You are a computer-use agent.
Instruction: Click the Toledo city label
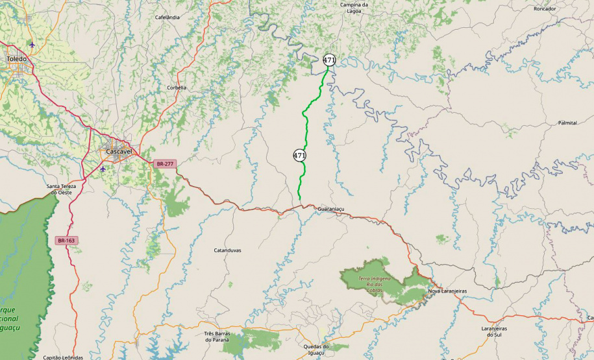pyautogui.click(x=17, y=58)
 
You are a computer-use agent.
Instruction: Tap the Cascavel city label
pyautogui.click(x=119, y=151)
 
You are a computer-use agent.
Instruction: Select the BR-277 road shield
pyautogui.click(x=165, y=164)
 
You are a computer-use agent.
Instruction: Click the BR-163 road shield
pyautogui.click(x=66, y=241)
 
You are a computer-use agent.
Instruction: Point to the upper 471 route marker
pyautogui.click(x=329, y=60)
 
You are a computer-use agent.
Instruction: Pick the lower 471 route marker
pyautogui.click(x=299, y=156)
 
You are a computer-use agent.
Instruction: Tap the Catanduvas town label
pyautogui.click(x=227, y=250)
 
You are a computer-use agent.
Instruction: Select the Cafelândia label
pyautogui.click(x=167, y=17)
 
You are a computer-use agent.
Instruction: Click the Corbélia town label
pyautogui.click(x=177, y=88)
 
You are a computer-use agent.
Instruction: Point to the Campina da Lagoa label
pyautogui.click(x=354, y=7)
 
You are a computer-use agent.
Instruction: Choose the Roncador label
pyautogui.click(x=545, y=8)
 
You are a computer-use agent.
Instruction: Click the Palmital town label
pyautogui.click(x=567, y=123)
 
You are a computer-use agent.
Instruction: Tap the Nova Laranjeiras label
pyautogui.click(x=447, y=291)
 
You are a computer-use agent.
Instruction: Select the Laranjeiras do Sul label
pyautogui.click(x=494, y=332)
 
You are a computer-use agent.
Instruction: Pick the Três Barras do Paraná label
pyautogui.click(x=218, y=337)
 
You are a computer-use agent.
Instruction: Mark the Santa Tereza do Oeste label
pyautogui.click(x=61, y=189)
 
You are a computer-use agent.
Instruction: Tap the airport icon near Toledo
pyautogui.click(x=32, y=44)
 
